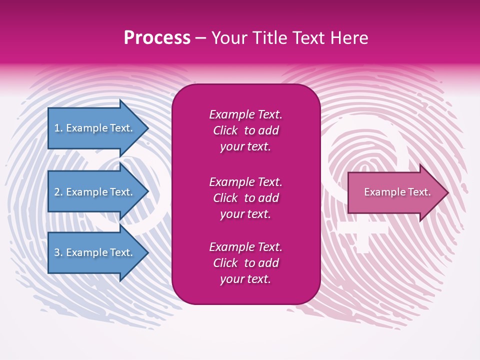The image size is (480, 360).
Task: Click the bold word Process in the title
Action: (x=157, y=38)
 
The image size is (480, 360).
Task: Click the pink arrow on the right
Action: (x=395, y=192)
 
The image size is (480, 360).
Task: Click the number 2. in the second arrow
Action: (x=58, y=192)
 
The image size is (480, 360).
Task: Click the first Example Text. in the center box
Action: (x=245, y=114)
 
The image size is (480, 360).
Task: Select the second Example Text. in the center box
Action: (x=245, y=181)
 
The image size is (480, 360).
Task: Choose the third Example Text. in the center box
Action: (x=245, y=247)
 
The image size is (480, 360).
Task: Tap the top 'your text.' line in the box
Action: (x=245, y=146)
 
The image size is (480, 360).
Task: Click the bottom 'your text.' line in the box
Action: (x=245, y=279)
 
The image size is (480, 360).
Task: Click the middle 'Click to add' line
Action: (x=245, y=198)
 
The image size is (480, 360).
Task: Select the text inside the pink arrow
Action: (x=397, y=192)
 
